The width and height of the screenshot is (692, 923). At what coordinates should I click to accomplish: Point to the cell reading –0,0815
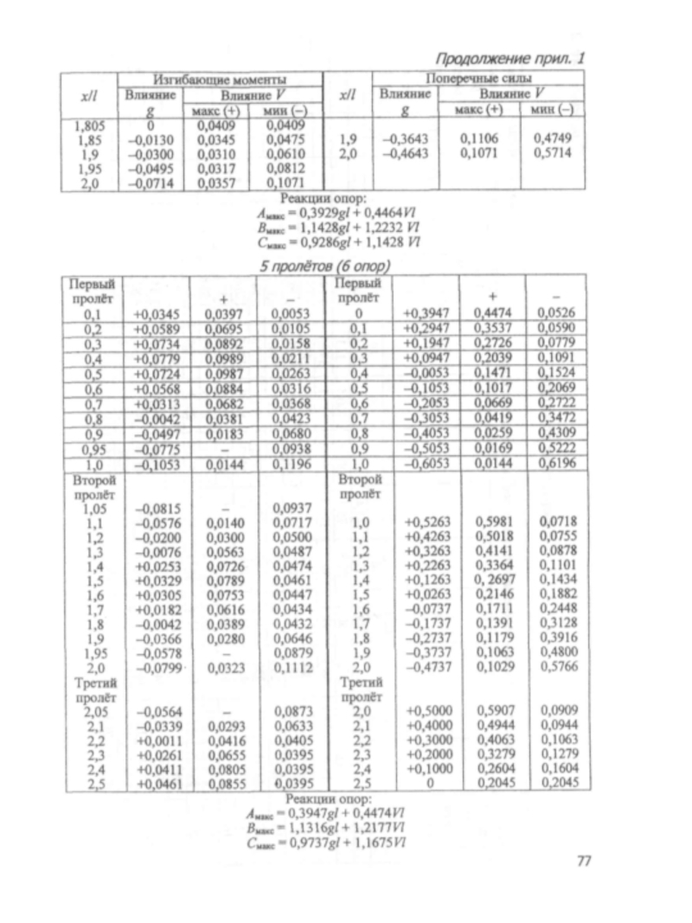pyautogui.click(x=157, y=508)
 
